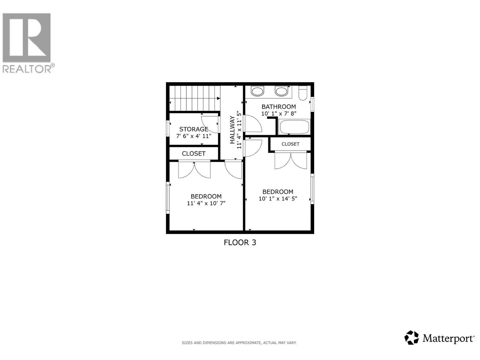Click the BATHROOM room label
278,106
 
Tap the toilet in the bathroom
303,93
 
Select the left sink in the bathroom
257,91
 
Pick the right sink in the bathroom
281,91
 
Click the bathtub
294,127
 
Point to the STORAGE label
193,129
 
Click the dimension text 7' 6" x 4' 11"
193,136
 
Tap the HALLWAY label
232,130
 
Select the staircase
194,98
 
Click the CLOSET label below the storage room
193,153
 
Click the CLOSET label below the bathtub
290,144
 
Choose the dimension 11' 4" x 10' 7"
206,203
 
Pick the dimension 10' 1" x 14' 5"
278,199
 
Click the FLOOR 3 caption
240,242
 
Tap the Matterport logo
439,338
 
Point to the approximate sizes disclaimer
239,343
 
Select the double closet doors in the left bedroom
194,170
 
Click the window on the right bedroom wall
312,189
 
